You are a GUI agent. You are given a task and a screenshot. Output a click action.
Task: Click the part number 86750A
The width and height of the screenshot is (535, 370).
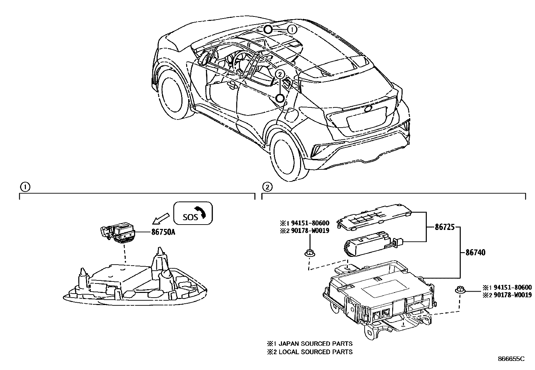[x=158, y=232]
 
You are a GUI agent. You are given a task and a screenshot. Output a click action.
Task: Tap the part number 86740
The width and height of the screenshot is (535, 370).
[x=475, y=253]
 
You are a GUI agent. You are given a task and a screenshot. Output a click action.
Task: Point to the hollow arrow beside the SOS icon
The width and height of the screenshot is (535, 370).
[x=160, y=217]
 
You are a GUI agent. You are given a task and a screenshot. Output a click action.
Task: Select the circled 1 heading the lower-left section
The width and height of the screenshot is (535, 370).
[x=25, y=186]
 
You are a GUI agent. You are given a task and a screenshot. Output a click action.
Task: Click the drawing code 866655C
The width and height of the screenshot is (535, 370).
[x=511, y=359]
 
